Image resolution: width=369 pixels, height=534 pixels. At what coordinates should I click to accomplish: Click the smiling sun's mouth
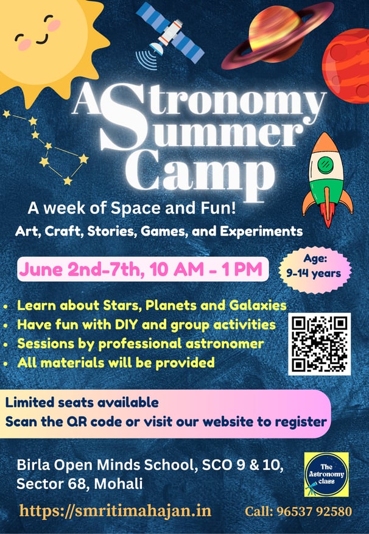tap(41, 39)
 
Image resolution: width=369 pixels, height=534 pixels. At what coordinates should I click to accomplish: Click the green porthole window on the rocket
tap(326, 165)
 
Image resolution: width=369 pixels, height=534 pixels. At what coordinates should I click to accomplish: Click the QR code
tap(319, 344)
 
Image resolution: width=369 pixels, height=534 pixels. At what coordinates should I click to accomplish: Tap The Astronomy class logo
tap(326, 474)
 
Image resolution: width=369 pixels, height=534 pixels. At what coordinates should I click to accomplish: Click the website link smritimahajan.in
tap(115, 511)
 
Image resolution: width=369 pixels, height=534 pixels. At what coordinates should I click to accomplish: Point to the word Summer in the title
tap(201, 128)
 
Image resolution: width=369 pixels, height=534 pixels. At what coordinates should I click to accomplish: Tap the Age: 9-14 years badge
tap(315, 270)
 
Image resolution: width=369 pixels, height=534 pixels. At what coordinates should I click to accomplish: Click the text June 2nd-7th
tap(80, 270)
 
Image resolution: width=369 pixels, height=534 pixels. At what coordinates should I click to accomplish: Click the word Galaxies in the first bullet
tap(258, 305)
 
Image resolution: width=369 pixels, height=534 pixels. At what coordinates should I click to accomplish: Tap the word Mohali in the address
tap(118, 483)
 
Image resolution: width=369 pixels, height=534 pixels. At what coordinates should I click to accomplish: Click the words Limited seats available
tap(82, 402)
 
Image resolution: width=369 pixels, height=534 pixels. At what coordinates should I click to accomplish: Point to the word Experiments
tap(261, 231)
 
